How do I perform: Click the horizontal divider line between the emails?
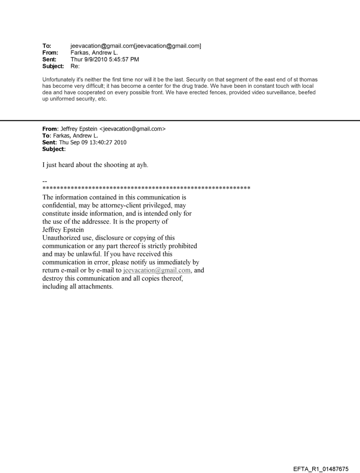pos(180,120)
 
